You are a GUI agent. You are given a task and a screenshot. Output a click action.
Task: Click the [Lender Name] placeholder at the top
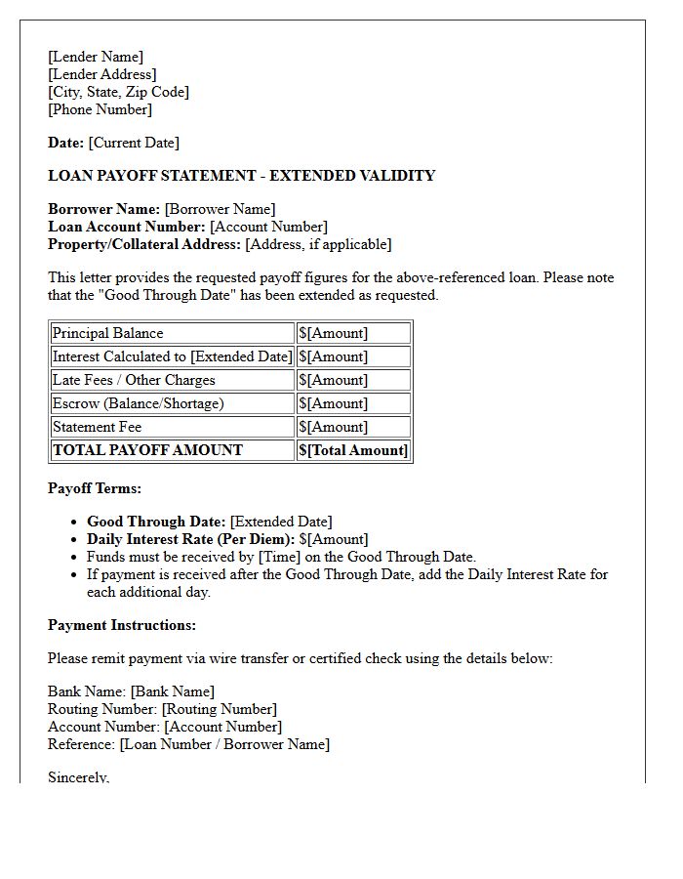click(96, 57)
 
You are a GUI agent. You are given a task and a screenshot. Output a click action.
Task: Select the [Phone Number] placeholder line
click(100, 109)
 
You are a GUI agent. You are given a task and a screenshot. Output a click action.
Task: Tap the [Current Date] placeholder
click(134, 143)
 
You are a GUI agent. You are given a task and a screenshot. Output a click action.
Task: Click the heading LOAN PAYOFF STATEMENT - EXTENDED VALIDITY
click(241, 176)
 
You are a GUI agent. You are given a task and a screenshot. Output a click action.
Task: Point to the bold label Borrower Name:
click(103, 209)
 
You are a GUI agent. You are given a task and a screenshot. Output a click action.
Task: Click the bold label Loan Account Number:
click(127, 227)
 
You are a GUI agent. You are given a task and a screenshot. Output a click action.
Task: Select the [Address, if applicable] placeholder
click(318, 244)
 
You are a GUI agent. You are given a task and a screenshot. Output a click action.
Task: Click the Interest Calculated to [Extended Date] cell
click(172, 356)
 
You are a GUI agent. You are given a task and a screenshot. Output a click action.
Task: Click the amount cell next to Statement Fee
click(353, 427)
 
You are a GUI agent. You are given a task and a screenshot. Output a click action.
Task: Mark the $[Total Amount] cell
click(353, 450)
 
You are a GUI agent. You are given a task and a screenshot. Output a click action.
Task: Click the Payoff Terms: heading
click(95, 488)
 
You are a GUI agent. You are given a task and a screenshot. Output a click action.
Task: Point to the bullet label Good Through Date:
click(156, 522)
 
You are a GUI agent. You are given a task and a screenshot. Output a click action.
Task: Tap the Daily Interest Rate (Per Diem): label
click(190, 539)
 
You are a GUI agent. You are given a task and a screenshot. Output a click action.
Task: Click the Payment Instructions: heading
click(122, 625)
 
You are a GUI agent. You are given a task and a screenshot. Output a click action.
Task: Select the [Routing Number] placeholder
click(220, 709)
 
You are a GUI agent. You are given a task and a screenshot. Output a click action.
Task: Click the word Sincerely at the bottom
click(78, 777)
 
